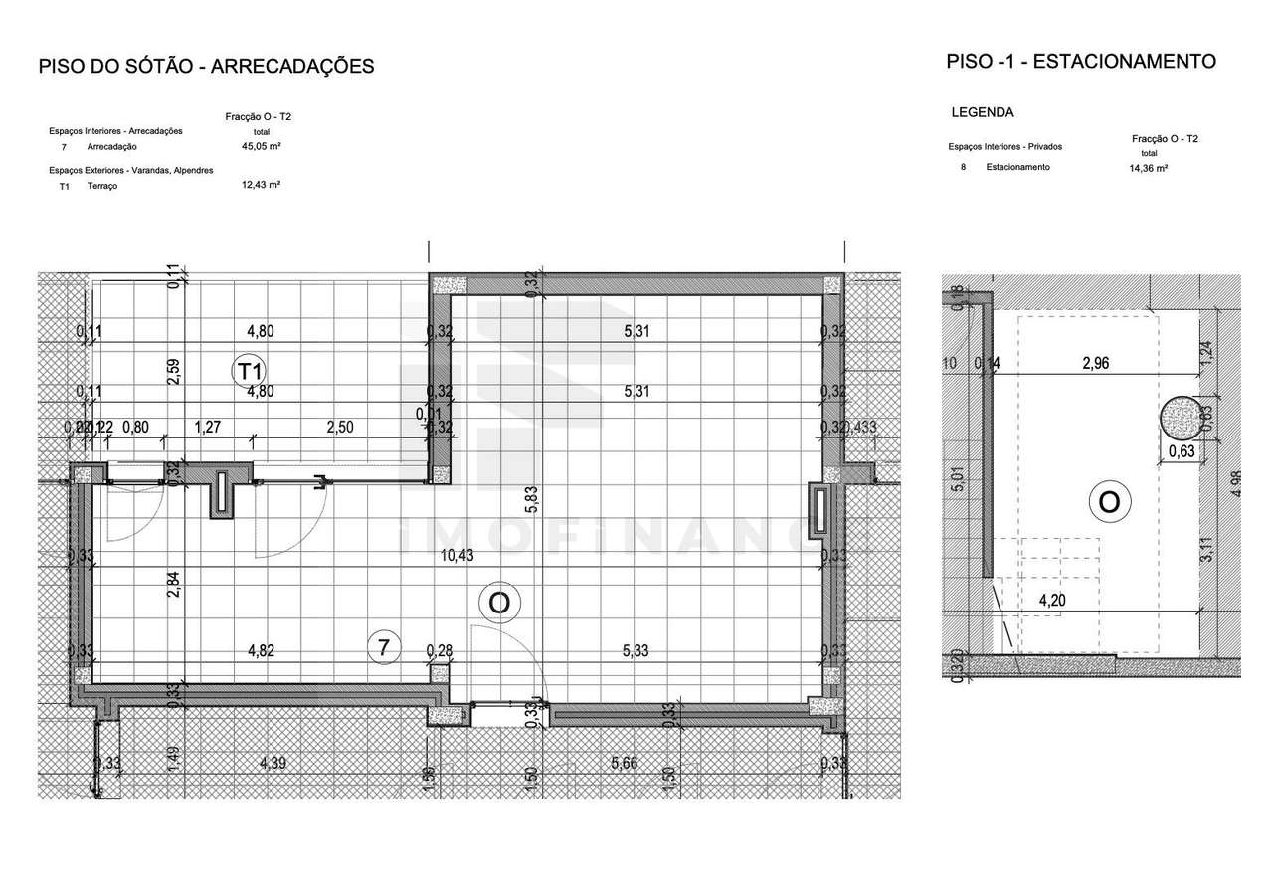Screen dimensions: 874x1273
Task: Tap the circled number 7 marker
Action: point(382,647)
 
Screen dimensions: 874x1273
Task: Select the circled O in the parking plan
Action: point(1109,503)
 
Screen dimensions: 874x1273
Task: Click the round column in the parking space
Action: point(1180,417)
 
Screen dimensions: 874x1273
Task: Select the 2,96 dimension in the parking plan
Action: point(1095,364)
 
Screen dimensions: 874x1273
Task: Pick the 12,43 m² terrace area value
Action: point(262,185)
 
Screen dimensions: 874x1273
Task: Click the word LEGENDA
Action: point(983,113)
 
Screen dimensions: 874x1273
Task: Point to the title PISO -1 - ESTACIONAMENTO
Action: point(1081,62)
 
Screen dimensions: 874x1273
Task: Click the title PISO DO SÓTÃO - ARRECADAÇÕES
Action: point(206,67)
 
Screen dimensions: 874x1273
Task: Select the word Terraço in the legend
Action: point(102,186)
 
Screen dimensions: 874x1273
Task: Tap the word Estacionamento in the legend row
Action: point(1017,168)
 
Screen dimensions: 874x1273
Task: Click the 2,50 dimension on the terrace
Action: point(340,428)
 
